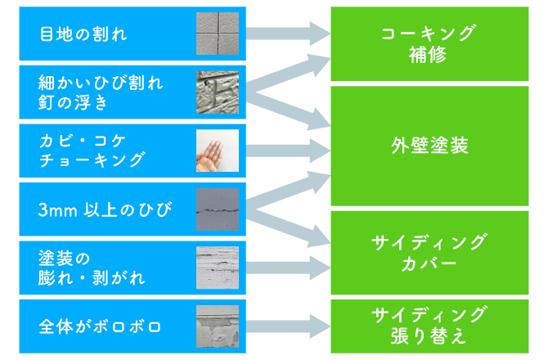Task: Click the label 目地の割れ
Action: pyautogui.click(x=83, y=34)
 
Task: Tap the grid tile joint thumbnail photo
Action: pyautogui.click(x=218, y=34)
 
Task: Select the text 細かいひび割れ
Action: pyautogui.click(x=101, y=83)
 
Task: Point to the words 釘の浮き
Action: pyautogui.click(x=73, y=102)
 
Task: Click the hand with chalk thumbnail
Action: pyautogui.click(x=218, y=151)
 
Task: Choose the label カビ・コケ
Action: pyautogui.click(x=83, y=141)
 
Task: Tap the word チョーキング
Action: pyautogui.click(x=92, y=160)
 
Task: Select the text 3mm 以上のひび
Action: pyautogui.click(x=105, y=209)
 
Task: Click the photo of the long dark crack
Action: pyautogui.click(x=218, y=209)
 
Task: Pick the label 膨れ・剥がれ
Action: pyautogui.click(x=92, y=278)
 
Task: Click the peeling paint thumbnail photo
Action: pyautogui.click(x=218, y=268)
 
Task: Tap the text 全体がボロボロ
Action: pyautogui.click(x=100, y=326)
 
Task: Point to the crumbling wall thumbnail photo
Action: pyautogui.click(x=218, y=326)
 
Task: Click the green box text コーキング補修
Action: pyautogui.click(x=429, y=44)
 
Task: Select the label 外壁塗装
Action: pyautogui.click(x=429, y=146)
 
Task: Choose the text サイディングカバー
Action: pyautogui.click(x=429, y=253)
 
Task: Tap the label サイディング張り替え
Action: pyautogui.click(x=429, y=326)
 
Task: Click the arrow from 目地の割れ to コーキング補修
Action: pyautogui.click(x=289, y=34)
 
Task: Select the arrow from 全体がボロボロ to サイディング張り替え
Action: pyautogui.click(x=289, y=326)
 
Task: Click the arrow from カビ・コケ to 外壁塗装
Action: pyautogui.click(x=289, y=151)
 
